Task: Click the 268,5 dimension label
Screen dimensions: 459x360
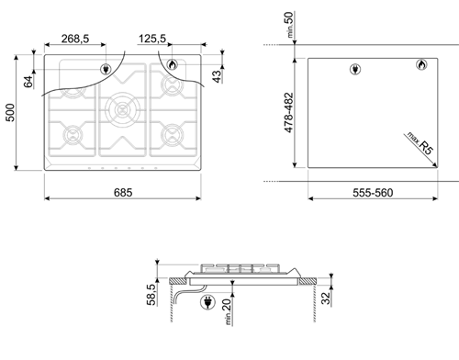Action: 75,39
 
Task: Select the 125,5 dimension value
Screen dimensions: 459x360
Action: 152,39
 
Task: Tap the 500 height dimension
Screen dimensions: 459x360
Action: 10,112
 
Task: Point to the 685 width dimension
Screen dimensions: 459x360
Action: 123,193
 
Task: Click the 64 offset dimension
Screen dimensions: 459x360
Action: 28,82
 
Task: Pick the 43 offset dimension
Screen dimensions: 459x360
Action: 217,76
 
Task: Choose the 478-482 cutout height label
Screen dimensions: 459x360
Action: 288,113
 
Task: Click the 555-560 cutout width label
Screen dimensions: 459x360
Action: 373,193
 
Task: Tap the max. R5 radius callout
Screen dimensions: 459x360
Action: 420,143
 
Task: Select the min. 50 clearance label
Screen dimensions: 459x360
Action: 288,25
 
